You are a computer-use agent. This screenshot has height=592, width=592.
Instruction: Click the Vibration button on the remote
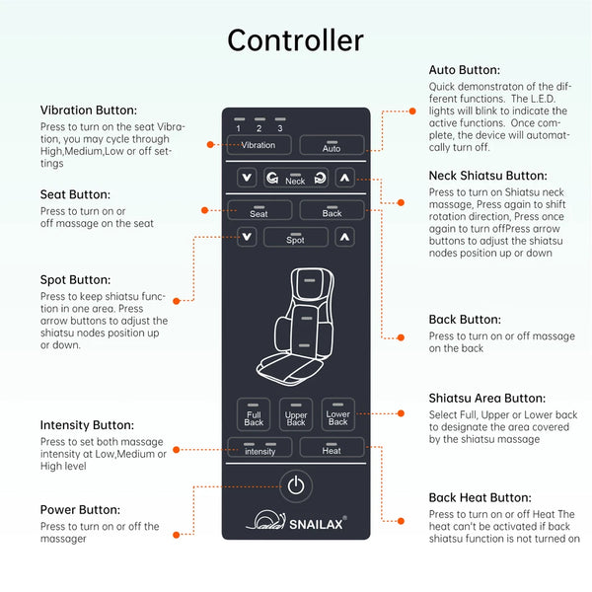click(x=259, y=145)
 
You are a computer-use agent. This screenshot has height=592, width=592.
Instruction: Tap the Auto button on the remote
click(x=332, y=146)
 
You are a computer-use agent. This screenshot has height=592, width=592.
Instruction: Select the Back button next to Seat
click(x=332, y=211)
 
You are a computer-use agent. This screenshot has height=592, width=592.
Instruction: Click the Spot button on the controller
click(x=295, y=238)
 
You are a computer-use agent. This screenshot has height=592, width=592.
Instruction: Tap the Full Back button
click(x=254, y=415)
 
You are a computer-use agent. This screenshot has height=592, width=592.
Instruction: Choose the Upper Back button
click(x=296, y=415)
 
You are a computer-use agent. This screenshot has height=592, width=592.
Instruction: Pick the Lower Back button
click(x=337, y=415)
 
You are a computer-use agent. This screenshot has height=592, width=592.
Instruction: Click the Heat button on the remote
click(x=332, y=449)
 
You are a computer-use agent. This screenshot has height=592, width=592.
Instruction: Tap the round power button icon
click(x=296, y=485)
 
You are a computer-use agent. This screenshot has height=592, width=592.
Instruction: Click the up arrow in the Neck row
click(x=344, y=179)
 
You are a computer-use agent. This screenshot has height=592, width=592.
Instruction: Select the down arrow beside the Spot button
click(x=247, y=238)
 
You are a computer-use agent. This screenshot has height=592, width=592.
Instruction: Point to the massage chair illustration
click(x=295, y=326)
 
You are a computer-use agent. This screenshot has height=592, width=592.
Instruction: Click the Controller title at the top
click(x=295, y=40)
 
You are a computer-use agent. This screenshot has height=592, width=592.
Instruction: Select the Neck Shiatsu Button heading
click(x=487, y=176)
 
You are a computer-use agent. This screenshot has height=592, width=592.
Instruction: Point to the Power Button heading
click(x=81, y=510)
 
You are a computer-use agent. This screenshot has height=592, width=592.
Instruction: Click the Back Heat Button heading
click(x=480, y=498)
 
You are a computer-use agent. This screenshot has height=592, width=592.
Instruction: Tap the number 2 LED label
click(x=259, y=128)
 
